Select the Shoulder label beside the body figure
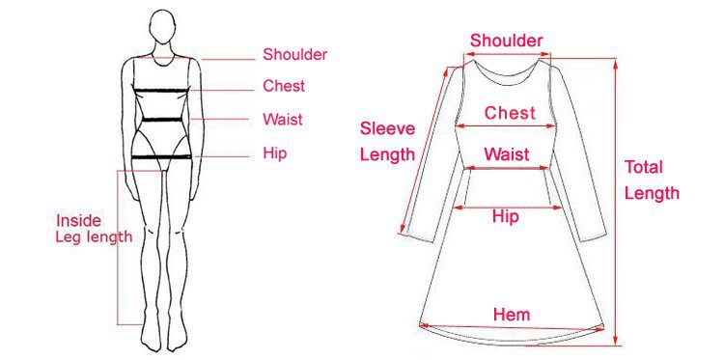(x=295, y=55)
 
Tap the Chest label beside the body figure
(x=284, y=86)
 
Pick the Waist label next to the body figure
(x=283, y=120)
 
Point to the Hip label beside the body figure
(x=275, y=152)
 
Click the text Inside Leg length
(x=94, y=229)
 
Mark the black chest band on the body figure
(x=161, y=92)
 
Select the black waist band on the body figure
(x=161, y=122)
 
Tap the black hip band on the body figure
(x=161, y=155)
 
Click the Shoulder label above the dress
(x=507, y=41)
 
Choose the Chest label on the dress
(x=510, y=113)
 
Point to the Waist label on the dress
(x=507, y=154)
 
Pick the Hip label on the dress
(x=506, y=216)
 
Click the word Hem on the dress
(x=512, y=315)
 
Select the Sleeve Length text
(x=387, y=141)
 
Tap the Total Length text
(x=652, y=180)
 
